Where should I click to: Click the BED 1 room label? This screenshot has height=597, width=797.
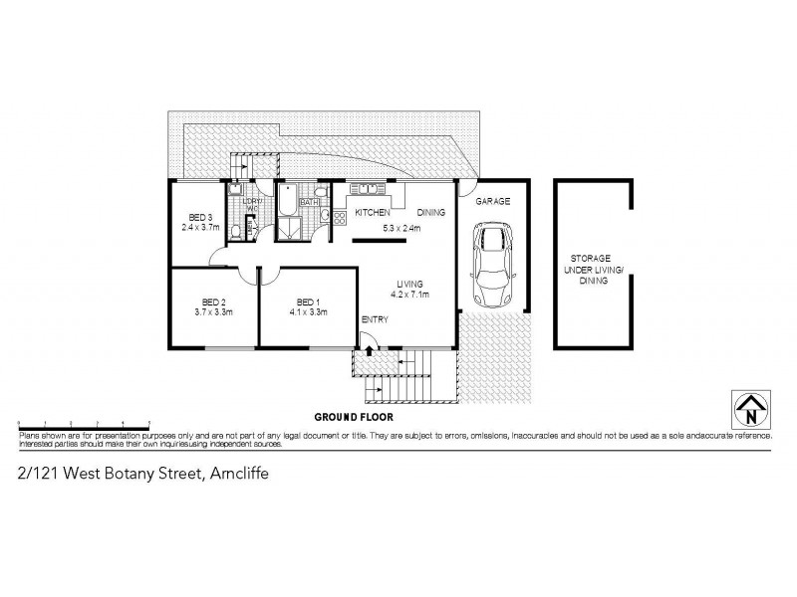(307, 301)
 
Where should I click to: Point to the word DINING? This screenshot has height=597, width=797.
(430, 213)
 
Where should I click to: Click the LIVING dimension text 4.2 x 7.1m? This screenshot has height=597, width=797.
(408, 294)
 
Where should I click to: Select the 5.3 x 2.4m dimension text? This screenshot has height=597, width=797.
(401, 228)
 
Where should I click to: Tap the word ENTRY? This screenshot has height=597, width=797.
(376, 319)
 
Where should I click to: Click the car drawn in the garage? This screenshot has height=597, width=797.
(491, 264)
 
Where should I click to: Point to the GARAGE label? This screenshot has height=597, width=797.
(492, 201)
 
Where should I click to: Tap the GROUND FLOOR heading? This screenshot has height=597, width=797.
(349, 416)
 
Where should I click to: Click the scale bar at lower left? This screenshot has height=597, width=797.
(84, 423)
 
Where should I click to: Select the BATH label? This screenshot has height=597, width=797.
(309, 202)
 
